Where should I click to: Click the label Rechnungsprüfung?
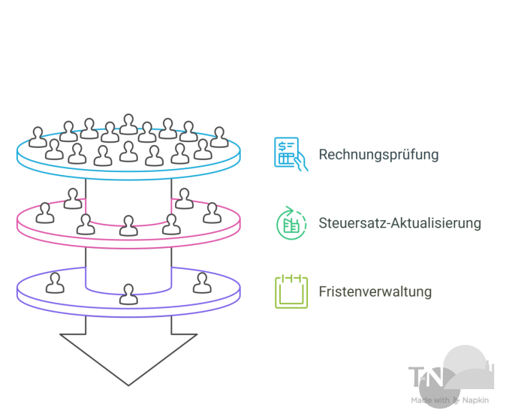(x=378, y=155)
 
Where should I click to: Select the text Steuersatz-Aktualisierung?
(x=399, y=223)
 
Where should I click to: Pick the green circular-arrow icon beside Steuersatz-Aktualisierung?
(x=291, y=223)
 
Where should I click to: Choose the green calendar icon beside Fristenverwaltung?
(x=291, y=292)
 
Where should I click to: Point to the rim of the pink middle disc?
(x=128, y=238)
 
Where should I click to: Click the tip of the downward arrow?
(x=128, y=384)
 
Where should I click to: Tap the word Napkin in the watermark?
(x=475, y=400)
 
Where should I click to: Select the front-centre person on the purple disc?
(x=129, y=294)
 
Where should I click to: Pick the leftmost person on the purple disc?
(x=55, y=283)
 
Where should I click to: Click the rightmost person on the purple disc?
(x=202, y=283)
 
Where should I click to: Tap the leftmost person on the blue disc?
(x=38, y=137)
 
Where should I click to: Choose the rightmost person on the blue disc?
(x=218, y=137)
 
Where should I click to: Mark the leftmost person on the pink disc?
(x=46, y=213)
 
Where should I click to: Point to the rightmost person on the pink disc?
(x=211, y=213)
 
